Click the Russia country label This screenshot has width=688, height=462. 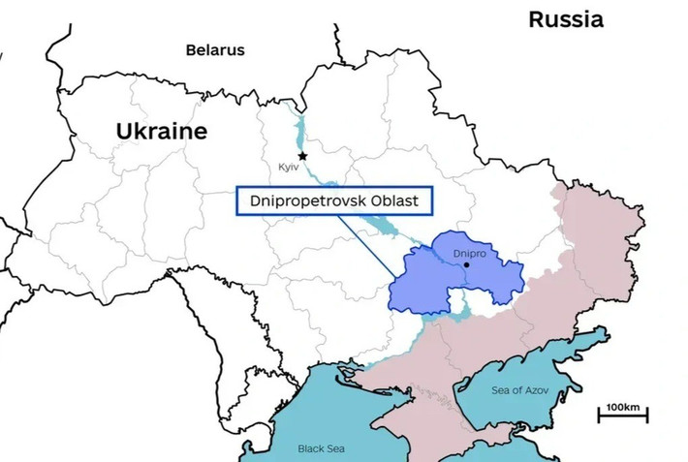[565, 19]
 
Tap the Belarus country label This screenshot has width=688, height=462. [215, 50]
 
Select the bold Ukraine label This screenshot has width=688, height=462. [162, 132]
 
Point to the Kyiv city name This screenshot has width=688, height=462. [289, 168]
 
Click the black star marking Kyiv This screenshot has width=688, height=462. [302, 155]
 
